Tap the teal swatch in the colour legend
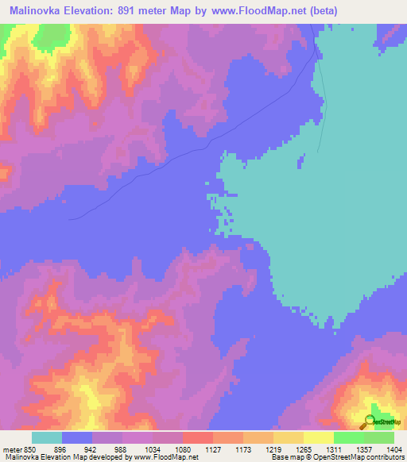46,437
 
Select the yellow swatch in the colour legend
288,437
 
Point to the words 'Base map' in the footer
281,456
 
